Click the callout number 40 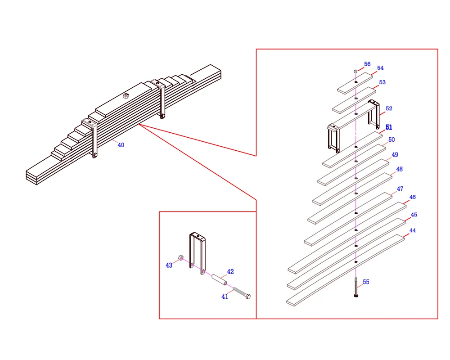coord(121,145)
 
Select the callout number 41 coord(225,297)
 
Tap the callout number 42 coord(230,272)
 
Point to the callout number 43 coord(169,265)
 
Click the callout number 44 coord(412,231)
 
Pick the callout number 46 coord(412,197)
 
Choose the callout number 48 coord(399,169)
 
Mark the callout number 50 coord(391,140)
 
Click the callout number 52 coord(389,108)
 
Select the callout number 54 coord(380,68)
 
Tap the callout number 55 coord(366,282)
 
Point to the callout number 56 coord(367,64)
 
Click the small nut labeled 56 coord(355,71)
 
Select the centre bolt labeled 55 coord(356,288)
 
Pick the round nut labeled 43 coord(180,258)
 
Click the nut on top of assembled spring coord(126,95)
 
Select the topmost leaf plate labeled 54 coord(355,83)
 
